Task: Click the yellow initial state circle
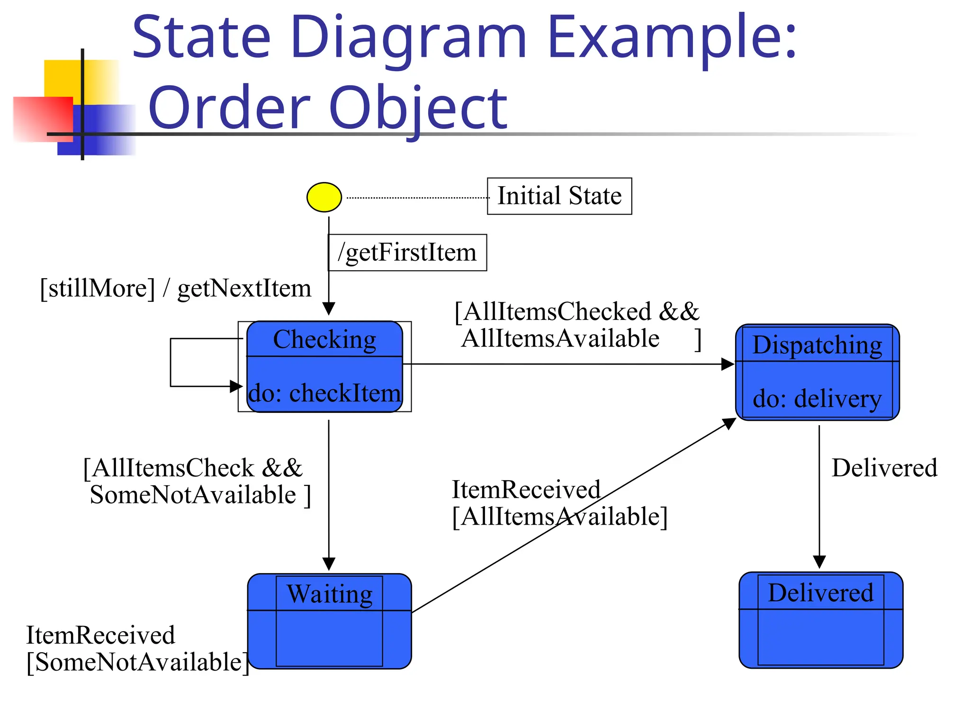coord(324,197)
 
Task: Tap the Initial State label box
coord(559,196)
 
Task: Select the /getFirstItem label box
coord(407,252)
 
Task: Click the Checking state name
coord(324,339)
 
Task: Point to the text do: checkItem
coord(324,393)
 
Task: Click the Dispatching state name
coord(817,345)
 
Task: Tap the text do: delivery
coord(817,398)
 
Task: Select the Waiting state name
coord(330,594)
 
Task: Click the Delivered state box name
coord(820,592)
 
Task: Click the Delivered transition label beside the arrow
coord(884,468)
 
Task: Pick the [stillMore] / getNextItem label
coord(175,288)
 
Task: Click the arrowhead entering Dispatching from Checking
coord(727,364)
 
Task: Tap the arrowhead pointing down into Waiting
coord(329,564)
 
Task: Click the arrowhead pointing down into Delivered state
coord(819,562)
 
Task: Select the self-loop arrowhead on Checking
coord(236,386)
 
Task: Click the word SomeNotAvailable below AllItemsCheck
coord(193,495)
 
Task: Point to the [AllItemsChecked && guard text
coord(576,312)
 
